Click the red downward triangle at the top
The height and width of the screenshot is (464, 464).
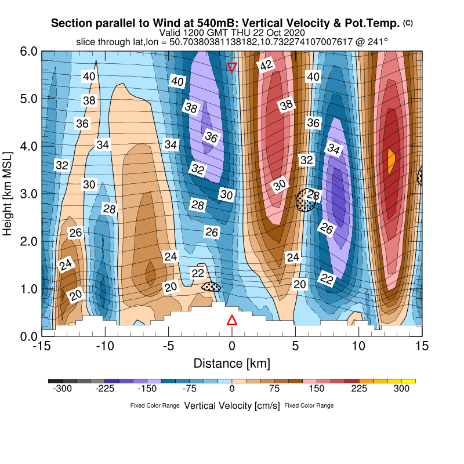232,67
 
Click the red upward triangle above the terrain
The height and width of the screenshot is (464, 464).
232,320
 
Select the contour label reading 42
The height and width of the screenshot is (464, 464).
266,66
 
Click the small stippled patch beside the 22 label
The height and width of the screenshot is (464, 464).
211,287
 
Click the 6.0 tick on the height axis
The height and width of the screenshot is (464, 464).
28,52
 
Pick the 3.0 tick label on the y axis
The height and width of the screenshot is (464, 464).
28,194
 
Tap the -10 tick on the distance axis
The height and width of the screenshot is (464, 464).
105,346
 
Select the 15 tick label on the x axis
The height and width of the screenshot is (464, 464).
422,346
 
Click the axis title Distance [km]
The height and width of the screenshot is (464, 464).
231,364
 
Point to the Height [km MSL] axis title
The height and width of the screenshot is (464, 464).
8,194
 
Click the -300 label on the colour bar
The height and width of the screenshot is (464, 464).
62,389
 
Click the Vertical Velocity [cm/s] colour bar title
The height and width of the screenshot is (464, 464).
231,405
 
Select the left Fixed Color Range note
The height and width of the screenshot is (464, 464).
155,405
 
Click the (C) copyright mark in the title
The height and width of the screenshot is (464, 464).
408,23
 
